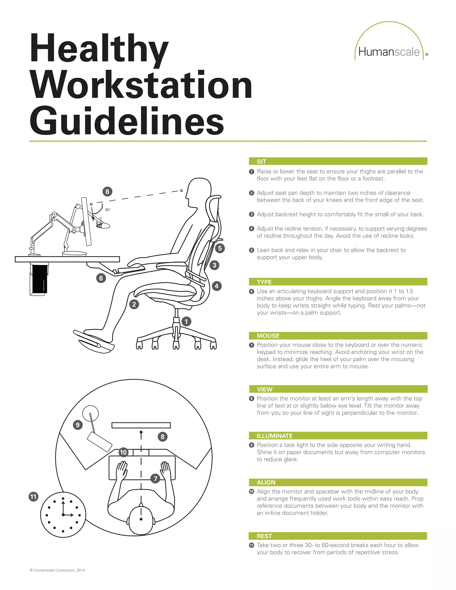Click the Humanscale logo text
click(389, 52)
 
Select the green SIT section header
click(338, 161)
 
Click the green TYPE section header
click(338, 282)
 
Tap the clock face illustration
click(63, 515)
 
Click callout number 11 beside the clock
click(33, 496)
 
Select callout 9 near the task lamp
click(78, 425)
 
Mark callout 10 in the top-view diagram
click(123, 452)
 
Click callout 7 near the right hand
click(155, 479)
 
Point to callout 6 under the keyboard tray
click(101, 278)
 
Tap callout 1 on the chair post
click(186, 321)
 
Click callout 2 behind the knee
click(134, 304)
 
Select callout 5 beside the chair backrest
click(220, 248)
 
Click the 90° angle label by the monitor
click(108, 210)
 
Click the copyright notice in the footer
click(57, 570)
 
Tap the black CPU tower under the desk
click(39, 279)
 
